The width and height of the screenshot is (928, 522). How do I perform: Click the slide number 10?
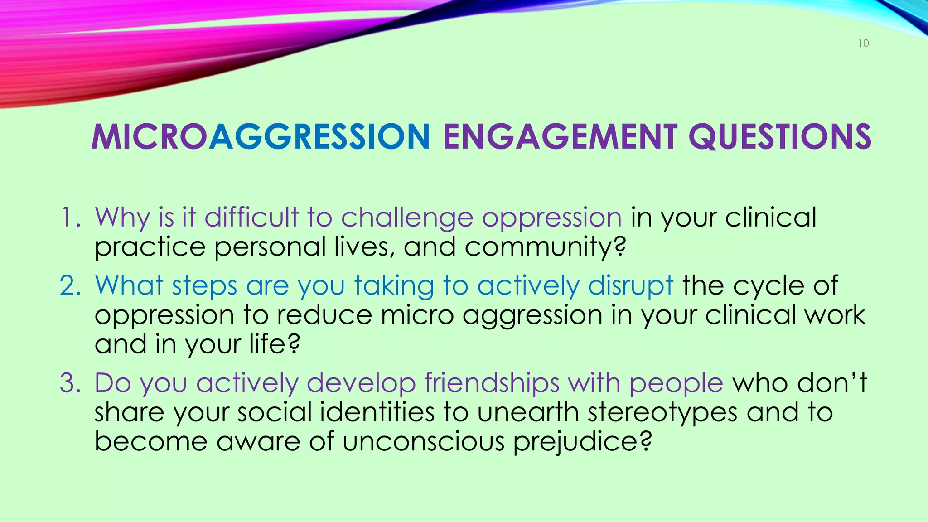pyautogui.click(x=864, y=43)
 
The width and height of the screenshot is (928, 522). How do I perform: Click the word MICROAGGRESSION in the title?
pyautogui.click(x=261, y=137)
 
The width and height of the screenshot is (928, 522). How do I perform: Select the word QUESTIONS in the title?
pyautogui.click(x=780, y=137)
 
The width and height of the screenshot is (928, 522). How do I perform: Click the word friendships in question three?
pyautogui.click(x=492, y=383)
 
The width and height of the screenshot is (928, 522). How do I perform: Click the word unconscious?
pyautogui.click(x=423, y=442)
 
